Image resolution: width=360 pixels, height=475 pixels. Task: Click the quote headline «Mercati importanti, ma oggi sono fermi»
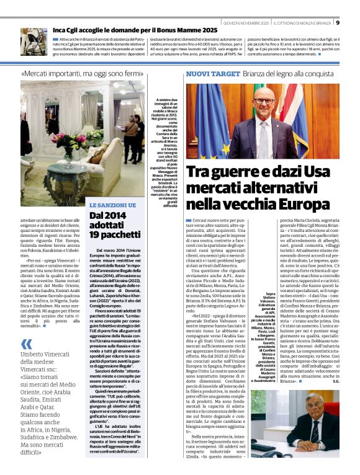[83, 74]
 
